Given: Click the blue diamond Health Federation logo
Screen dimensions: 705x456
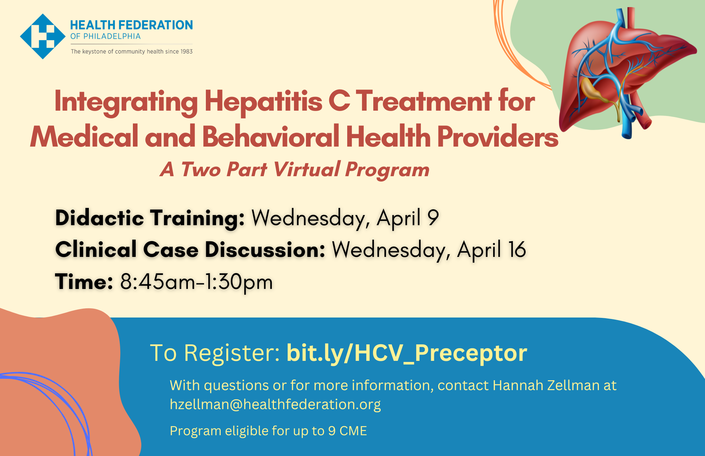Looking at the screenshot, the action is pos(43,36).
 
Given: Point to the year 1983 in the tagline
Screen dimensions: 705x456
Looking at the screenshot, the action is pos(186,51).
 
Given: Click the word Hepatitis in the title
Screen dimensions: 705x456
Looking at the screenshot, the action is pos(263,102).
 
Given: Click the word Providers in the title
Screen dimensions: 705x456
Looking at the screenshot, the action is pos(498,137).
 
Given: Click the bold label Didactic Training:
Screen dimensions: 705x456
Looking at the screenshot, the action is pos(150,218).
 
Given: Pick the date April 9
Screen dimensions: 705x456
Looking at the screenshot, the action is pos(408,218).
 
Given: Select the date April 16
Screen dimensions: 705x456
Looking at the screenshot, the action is pos(491,249).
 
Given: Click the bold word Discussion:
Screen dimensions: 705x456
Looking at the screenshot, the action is pos(265,249).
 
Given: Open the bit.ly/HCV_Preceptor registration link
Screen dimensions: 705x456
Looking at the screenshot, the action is pos(407,353).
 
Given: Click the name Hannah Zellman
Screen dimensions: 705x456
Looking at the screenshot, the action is pos(546,385).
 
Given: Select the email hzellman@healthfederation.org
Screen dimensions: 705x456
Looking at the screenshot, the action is pos(275,405).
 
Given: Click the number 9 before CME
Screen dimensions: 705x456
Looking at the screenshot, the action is pos(332,431).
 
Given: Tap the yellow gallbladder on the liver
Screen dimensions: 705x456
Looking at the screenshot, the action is pos(594,90).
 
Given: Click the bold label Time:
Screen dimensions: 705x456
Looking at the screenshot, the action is pos(84,282).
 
